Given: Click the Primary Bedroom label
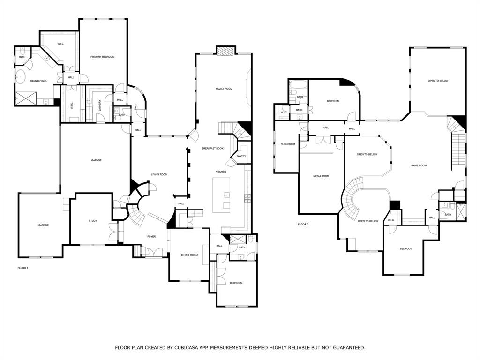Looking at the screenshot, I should (x=103, y=57).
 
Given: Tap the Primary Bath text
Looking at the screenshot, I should (x=38, y=81).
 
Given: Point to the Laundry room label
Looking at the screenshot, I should (x=100, y=106).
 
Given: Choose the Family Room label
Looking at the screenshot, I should (x=224, y=89).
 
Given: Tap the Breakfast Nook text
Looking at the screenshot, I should (x=212, y=148).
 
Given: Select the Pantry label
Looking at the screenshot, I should (x=241, y=156).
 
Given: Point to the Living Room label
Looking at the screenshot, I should (x=159, y=174).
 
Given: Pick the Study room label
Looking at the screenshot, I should (x=93, y=221).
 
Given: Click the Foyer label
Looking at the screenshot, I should (x=151, y=236).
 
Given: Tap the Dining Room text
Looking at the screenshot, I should (x=189, y=255).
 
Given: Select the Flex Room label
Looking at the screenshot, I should (x=287, y=144).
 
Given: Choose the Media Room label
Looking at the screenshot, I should (x=321, y=176).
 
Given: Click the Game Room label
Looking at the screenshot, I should (x=419, y=165).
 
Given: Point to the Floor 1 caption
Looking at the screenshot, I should (x=22, y=268).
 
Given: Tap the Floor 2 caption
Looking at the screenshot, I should (x=303, y=225).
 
